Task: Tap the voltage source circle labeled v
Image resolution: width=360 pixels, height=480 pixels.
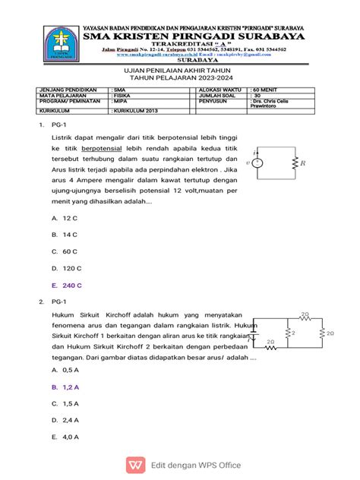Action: (258, 163)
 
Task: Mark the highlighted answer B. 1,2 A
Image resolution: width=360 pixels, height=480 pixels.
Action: (65, 387)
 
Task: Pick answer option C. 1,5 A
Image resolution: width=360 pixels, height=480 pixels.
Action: (65, 403)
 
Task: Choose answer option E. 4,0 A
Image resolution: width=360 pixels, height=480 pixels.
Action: (65, 437)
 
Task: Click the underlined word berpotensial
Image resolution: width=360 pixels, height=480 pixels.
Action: (106, 149)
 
